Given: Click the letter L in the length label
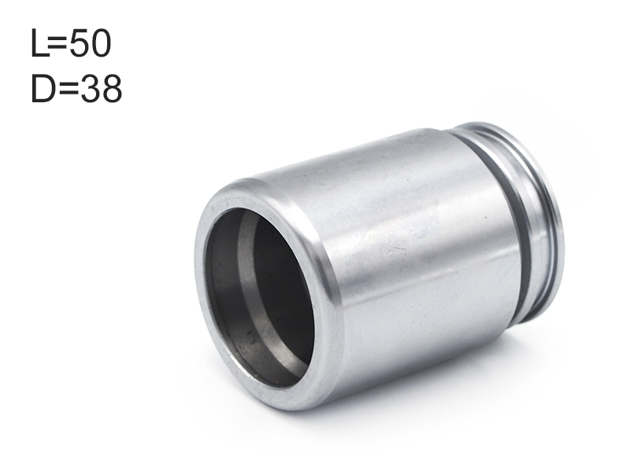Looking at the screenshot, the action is pyautogui.click(x=39, y=43).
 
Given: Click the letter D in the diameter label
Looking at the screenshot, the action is pyautogui.click(x=44, y=89).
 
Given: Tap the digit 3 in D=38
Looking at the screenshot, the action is pyautogui.click(x=90, y=89).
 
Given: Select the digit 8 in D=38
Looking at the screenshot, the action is pyautogui.click(x=112, y=89).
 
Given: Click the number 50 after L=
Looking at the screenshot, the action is pyautogui.click(x=90, y=43).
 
